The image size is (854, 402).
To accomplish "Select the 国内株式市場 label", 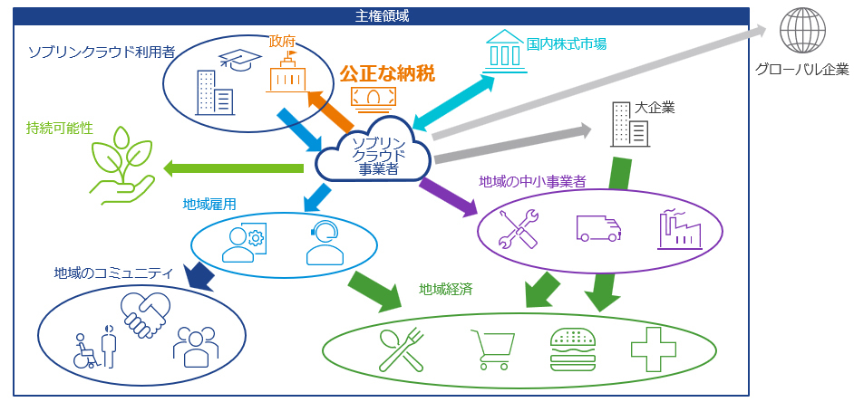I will (x=567, y=43).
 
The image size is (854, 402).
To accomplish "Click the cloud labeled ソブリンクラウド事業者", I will (x=375, y=151).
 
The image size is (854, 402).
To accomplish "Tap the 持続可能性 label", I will (x=60, y=129).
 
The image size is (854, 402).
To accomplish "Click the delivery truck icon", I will (x=598, y=226).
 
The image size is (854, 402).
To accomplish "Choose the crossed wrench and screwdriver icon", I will (x=519, y=228).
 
